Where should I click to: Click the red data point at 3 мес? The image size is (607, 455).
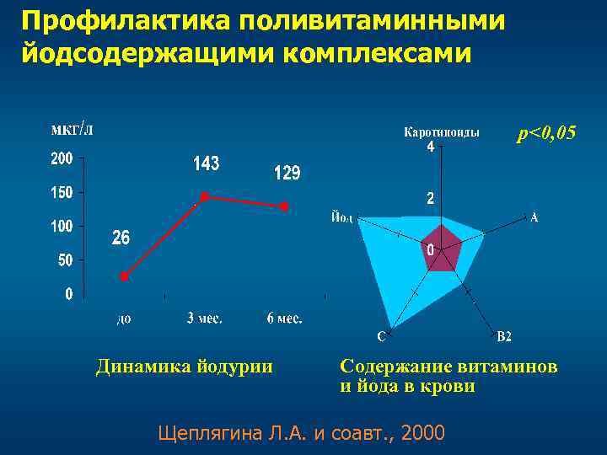[204, 196]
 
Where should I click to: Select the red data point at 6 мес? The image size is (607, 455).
[285, 206]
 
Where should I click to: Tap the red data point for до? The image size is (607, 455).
[124, 276]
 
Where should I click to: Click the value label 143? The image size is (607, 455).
[206, 163]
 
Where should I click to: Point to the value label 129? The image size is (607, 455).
[287, 174]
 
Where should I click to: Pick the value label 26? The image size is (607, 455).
[121, 238]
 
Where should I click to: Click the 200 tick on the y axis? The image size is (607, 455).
[62, 158]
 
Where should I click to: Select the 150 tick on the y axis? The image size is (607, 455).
[62, 193]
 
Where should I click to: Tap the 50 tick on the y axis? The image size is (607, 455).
[65, 260]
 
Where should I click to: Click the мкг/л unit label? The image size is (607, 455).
[73, 129]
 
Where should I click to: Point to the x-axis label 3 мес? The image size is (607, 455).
[204, 318]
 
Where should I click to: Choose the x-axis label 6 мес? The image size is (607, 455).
[284, 318]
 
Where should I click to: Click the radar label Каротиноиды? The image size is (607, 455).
[443, 131]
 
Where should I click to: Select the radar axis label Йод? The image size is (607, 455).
[341, 217]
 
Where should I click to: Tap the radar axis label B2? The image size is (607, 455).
[504, 337]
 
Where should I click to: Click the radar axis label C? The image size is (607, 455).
[381, 337]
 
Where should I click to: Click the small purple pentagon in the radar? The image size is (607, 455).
[441, 249]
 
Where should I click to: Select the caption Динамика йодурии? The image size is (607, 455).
[184, 367]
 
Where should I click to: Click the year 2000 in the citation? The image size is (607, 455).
[424, 433]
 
